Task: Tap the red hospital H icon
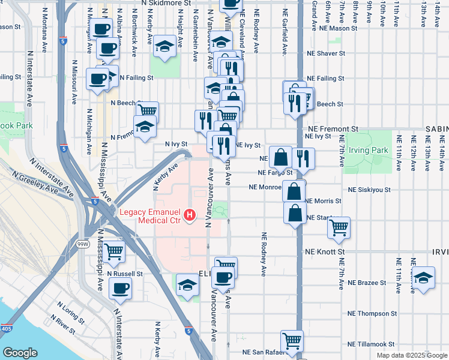[x=190, y=214]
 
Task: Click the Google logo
[x=20, y=352]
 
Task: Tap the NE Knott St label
[x=325, y=252]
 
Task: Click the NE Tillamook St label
[x=370, y=344]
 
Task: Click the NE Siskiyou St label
[x=367, y=189]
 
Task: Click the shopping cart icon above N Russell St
[x=113, y=252]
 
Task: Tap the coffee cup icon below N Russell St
[x=120, y=288]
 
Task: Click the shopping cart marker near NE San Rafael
[x=292, y=341]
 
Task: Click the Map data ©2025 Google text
[x=412, y=355]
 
